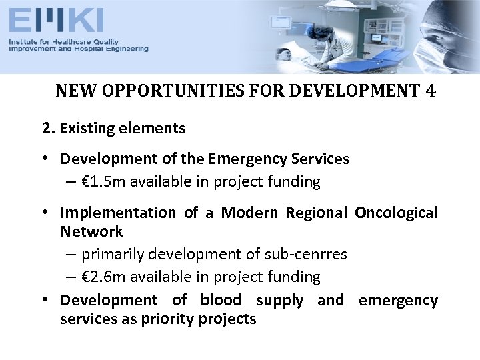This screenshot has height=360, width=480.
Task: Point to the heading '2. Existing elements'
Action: point(114,127)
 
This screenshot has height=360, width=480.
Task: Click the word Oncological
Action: point(396,213)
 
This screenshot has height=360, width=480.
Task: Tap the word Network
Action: point(91,231)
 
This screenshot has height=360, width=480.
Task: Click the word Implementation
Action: point(117,213)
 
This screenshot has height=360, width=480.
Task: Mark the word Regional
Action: point(317,213)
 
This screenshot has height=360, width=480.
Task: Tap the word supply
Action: point(279,301)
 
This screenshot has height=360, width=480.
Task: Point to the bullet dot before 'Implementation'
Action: point(47,213)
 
